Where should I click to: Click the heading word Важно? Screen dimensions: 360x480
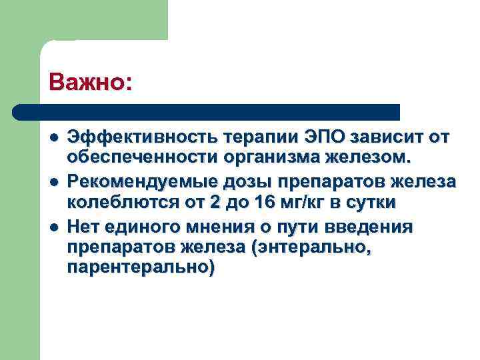click(x=86, y=82)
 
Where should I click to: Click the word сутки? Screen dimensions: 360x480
click(x=374, y=203)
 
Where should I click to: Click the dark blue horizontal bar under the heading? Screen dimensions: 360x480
click(x=207, y=111)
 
